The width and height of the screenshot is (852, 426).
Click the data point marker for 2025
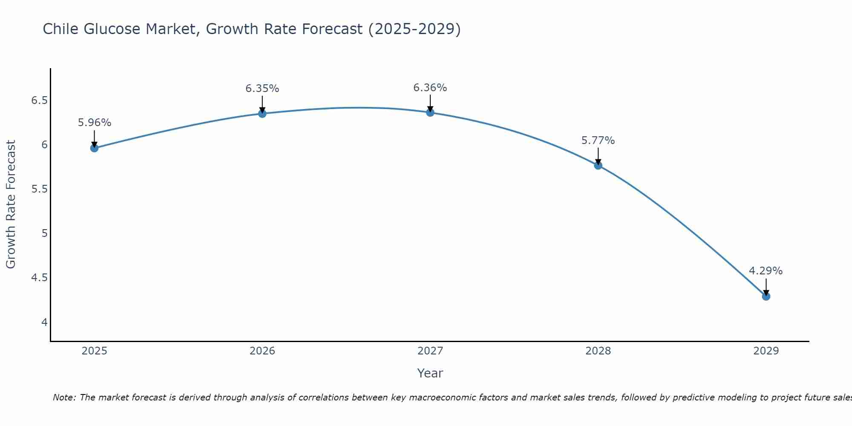point(94,148)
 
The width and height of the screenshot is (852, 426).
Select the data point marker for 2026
point(262,113)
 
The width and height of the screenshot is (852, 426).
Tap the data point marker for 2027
point(430,112)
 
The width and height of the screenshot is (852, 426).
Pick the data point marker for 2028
point(598,165)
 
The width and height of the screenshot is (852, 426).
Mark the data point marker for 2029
point(766,296)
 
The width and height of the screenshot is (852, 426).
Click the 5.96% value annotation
point(94,123)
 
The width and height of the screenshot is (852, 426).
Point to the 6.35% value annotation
point(262,89)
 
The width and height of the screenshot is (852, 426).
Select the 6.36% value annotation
point(430,88)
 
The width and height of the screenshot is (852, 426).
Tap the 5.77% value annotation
point(598,141)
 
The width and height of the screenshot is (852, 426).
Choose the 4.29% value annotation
point(766,271)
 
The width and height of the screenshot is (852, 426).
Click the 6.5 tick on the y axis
point(40,101)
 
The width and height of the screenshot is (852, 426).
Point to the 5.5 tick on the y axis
point(40,189)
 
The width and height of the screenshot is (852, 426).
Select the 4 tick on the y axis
point(44,322)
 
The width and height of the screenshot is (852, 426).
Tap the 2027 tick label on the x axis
point(430,351)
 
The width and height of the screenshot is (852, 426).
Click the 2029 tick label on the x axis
point(766,351)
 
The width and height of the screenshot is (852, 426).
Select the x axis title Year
point(430,373)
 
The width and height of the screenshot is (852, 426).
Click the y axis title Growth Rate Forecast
point(11,204)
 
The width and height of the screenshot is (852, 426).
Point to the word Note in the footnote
point(64,397)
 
